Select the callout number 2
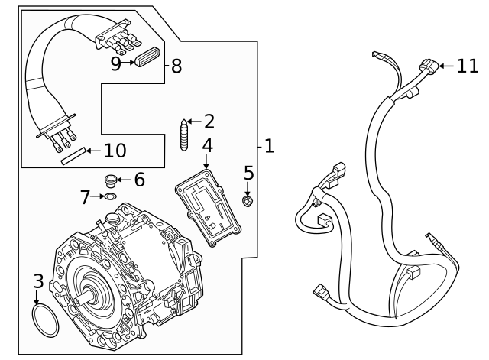coord(208,121)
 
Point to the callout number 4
coord(207,145)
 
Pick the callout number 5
coord(248,174)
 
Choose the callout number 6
coord(138,180)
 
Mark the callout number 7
coord(85,197)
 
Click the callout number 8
coord(176,66)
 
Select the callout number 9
coord(115,63)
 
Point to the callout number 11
coord(467,66)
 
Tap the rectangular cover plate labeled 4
coord(208,209)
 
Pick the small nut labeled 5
coord(248,202)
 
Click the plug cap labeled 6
coord(112,181)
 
